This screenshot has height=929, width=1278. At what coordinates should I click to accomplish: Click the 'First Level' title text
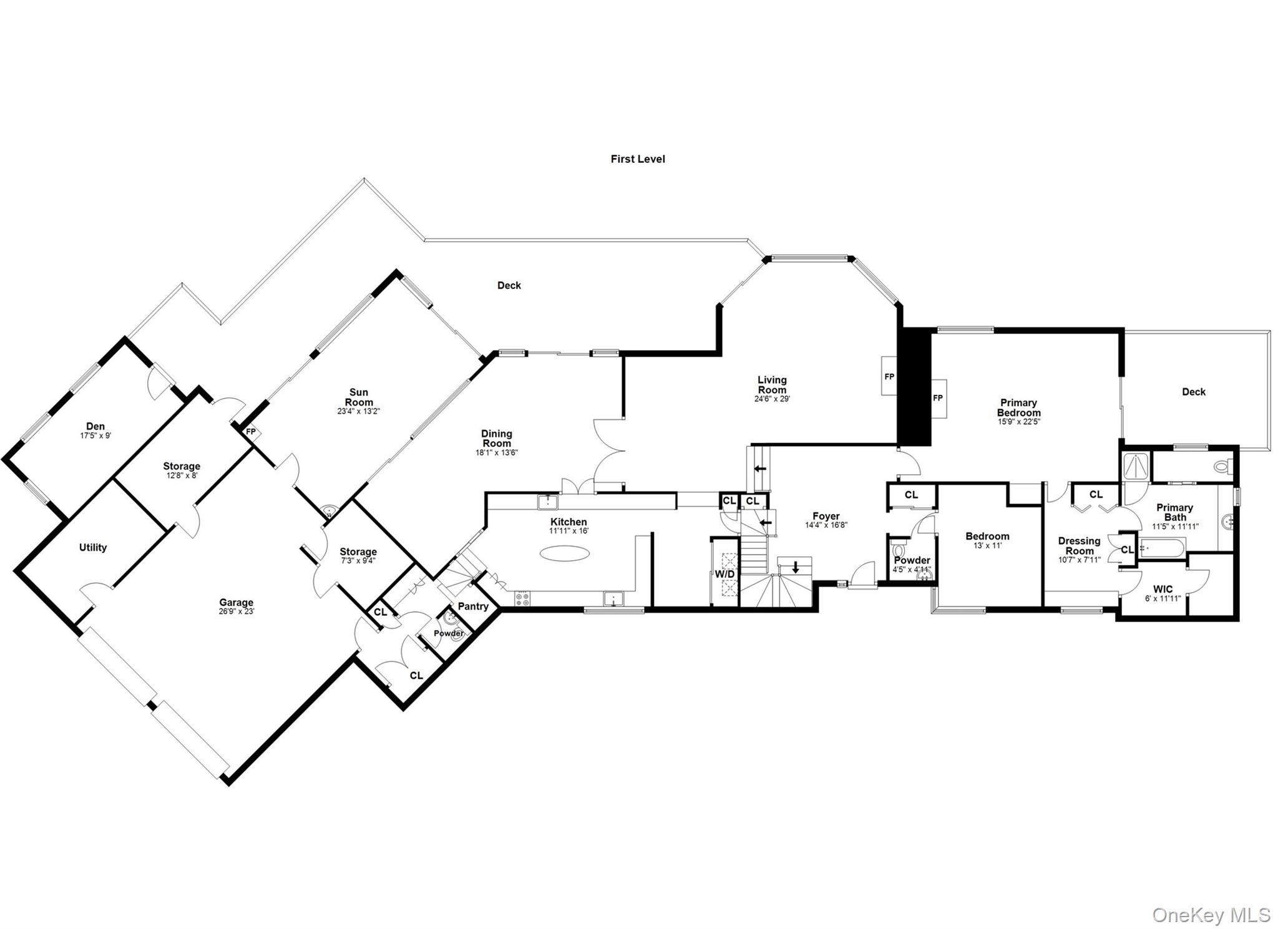(x=637, y=159)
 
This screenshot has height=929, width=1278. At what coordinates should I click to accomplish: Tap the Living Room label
(x=772, y=385)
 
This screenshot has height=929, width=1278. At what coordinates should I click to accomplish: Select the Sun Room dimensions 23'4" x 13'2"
(x=358, y=412)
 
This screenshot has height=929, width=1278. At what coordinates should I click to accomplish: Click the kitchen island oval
(x=564, y=553)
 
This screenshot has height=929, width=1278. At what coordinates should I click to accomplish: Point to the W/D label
(x=724, y=573)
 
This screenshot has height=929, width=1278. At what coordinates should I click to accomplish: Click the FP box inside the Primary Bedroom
(x=937, y=399)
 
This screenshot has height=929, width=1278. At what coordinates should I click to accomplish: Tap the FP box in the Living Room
(x=889, y=376)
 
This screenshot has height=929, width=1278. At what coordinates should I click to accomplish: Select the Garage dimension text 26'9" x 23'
(x=236, y=612)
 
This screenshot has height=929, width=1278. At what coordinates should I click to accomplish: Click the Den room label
(x=95, y=426)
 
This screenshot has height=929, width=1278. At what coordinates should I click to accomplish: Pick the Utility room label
(x=92, y=547)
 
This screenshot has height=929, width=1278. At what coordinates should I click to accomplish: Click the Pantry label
(x=472, y=606)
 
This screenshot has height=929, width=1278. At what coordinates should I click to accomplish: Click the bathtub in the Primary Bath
(x=1161, y=548)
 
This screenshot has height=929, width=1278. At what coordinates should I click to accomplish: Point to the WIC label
(x=1163, y=589)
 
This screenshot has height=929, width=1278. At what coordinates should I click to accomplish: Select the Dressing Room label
(x=1079, y=546)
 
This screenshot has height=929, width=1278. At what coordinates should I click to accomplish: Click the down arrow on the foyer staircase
(x=796, y=567)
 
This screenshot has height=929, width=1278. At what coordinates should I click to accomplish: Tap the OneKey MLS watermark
(x=1211, y=915)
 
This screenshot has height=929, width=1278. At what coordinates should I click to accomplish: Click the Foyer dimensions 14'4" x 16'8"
(x=826, y=525)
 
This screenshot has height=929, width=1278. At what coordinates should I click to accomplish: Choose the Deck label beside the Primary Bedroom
(x=1193, y=392)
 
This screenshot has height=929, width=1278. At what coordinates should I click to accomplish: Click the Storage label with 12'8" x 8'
(x=182, y=466)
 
